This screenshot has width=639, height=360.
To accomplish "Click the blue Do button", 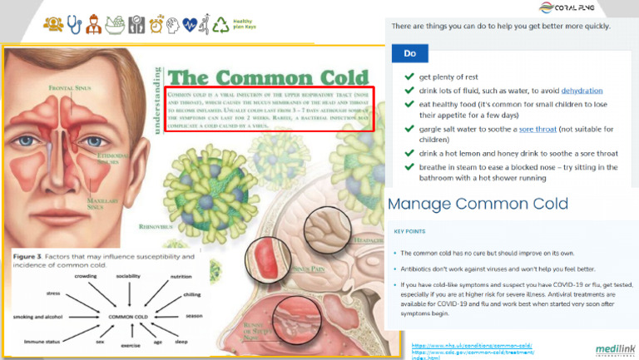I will pyautogui.click(x=410, y=53).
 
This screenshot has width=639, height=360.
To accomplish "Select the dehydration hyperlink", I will pyautogui.click(x=582, y=90).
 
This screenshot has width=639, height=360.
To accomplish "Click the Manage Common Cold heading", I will pyautogui.click(x=478, y=204).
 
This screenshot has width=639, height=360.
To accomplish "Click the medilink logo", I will pyautogui.click(x=613, y=350).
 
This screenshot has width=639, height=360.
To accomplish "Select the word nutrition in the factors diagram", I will pyautogui.click(x=181, y=275).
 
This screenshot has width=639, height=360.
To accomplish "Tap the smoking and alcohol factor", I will pyautogui.click(x=38, y=317).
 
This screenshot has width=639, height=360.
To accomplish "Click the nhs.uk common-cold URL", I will pyautogui.click(x=472, y=344).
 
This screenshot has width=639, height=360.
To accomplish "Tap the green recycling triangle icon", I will pyautogui.click(x=221, y=23).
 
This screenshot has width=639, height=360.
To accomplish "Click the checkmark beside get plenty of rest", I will pyautogui.click(x=409, y=76).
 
